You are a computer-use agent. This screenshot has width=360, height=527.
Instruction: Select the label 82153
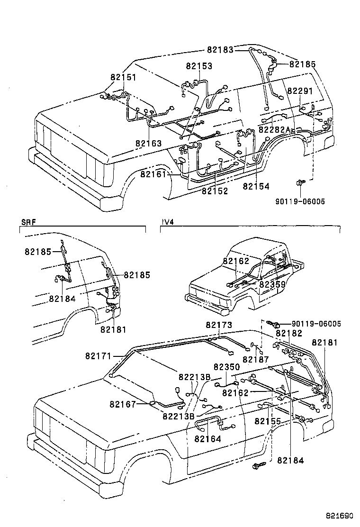pyautogui.click(x=199, y=67)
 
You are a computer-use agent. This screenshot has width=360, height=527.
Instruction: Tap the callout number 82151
pyautogui.click(x=124, y=77)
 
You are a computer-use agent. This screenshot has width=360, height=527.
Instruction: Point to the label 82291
pyautogui.click(x=300, y=91)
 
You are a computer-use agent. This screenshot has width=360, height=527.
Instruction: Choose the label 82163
pyautogui.click(x=148, y=143)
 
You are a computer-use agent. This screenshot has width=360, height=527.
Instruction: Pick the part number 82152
pyautogui.click(x=215, y=191)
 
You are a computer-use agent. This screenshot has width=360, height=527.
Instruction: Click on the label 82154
pyautogui.click(x=256, y=187)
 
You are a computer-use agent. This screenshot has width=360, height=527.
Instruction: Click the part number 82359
pyautogui.click(x=272, y=284)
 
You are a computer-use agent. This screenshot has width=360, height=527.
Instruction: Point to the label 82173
pyautogui.click(x=219, y=325)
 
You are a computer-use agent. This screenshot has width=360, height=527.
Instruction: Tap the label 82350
pyautogui.click(x=226, y=367)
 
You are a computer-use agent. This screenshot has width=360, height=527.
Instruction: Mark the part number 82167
pyautogui.click(x=123, y=404)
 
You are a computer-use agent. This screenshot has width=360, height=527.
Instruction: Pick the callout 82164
pyautogui.click(x=207, y=439)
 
